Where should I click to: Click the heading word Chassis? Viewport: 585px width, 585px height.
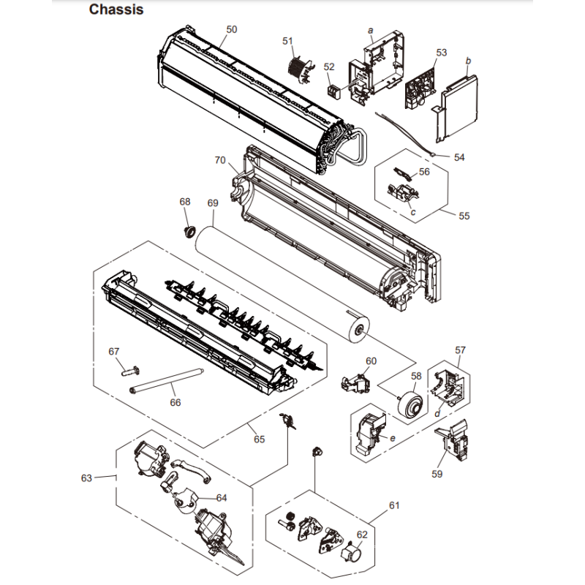[116, 10]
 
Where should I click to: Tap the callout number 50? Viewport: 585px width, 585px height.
[232, 29]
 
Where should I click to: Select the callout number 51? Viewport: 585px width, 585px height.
[287, 41]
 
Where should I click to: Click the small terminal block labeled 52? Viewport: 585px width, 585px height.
[334, 91]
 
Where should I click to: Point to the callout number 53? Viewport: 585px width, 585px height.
[442, 53]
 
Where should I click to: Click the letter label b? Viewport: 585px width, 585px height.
[468, 61]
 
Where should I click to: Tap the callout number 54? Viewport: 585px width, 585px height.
[459, 157]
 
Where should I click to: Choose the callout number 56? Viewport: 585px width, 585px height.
[424, 172]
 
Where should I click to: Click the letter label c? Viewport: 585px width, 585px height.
[412, 212]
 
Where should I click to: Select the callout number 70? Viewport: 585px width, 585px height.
[220, 160]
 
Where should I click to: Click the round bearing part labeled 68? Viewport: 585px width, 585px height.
[190, 231]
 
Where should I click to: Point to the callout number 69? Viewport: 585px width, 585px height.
[213, 203]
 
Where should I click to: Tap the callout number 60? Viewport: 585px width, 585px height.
[371, 361]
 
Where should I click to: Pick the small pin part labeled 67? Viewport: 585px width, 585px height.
[131, 371]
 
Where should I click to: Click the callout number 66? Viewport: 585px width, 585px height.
[175, 403]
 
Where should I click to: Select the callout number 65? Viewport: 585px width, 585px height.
[260, 439]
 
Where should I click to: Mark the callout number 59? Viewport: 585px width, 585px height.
[437, 474]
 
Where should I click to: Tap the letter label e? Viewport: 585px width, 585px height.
[393, 438]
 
